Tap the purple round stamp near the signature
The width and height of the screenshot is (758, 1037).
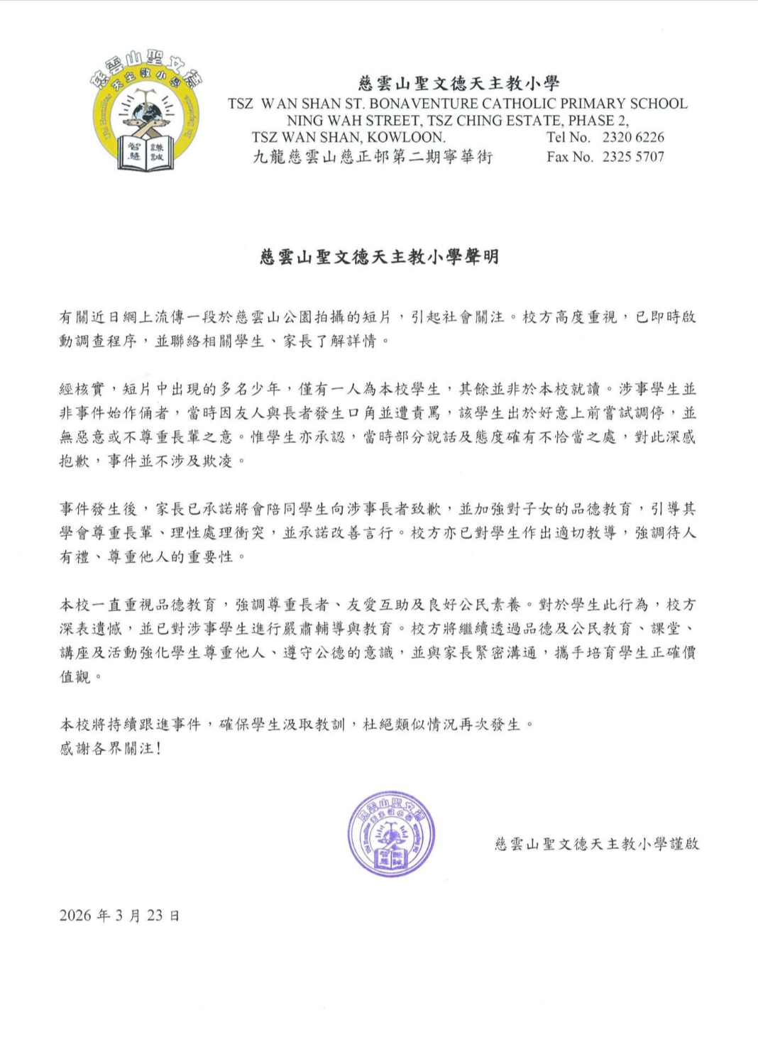(x=390, y=835)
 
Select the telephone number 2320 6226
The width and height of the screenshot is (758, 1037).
(x=633, y=137)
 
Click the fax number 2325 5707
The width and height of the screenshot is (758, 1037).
(x=633, y=157)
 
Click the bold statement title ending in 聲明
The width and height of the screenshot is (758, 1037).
(x=380, y=256)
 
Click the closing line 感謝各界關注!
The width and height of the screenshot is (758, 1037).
(x=111, y=748)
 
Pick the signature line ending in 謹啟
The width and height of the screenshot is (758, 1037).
(x=597, y=843)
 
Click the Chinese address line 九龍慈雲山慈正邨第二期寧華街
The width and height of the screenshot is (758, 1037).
(x=373, y=157)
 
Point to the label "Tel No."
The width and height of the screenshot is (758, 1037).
(x=568, y=137)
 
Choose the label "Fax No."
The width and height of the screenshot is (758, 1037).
(x=570, y=157)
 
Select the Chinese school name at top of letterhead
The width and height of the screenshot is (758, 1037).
(x=458, y=84)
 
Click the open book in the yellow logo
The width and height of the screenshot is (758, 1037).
(x=146, y=152)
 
